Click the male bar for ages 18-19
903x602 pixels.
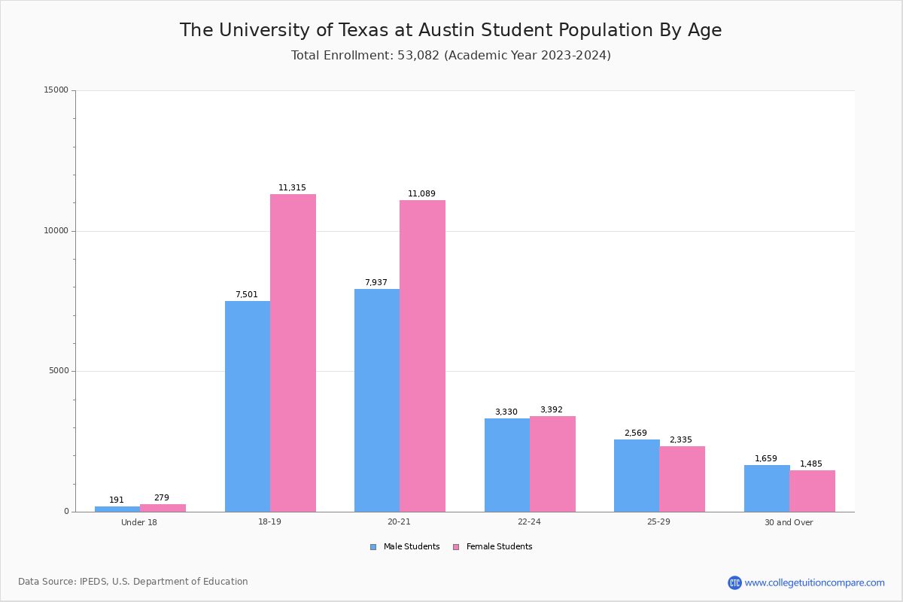click(x=248, y=406)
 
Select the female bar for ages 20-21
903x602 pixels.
click(x=422, y=356)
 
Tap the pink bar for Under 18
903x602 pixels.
click(x=163, y=508)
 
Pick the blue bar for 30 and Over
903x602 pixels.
click(x=767, y=488)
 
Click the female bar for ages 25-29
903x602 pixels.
click(x=682, y=479)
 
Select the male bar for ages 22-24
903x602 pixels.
click(x=507, y=465)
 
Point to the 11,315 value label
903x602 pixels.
click(x=292, y=188)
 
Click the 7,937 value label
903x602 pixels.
click(x=376, y=283)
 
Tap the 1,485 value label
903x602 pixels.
click(x=811, y=464)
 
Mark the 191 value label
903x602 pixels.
click(x=117, y=500)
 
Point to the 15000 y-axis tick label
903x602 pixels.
click(x=57, y=90)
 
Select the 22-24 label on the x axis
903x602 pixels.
click(x=529, y=522)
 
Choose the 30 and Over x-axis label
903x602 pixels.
click(x=789, y=522)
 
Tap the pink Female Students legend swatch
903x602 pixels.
click(x=456, y=547)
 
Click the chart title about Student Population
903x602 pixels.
click(x=451, y=30)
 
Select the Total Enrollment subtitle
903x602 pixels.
click(x=451, y=56)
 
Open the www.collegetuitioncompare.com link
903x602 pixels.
click(x=814, y=582)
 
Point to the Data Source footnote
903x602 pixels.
click(x=133, y=582)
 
